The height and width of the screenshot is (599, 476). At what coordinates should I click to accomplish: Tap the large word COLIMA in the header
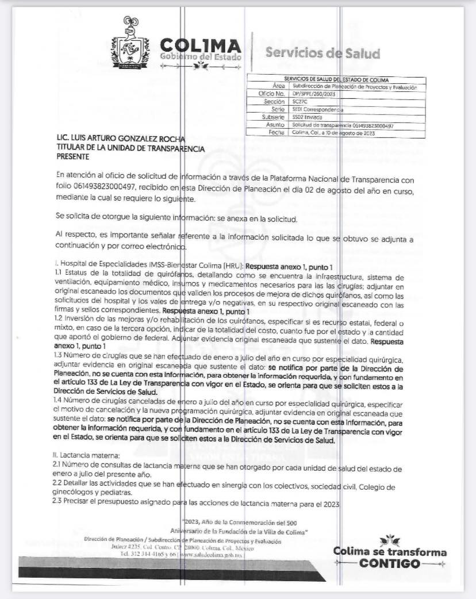click(x=201, y=45)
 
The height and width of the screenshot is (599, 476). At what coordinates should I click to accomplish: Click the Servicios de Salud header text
click(x=323, y=53)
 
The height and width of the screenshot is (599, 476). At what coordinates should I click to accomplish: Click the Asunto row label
click(x=275, y=124)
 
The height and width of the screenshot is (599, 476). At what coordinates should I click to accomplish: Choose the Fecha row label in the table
click(x=277, y=132)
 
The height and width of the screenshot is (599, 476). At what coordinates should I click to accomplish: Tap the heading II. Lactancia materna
click(x=84, y=455)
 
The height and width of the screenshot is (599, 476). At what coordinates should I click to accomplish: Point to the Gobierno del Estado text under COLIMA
click(x=201, y=57)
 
